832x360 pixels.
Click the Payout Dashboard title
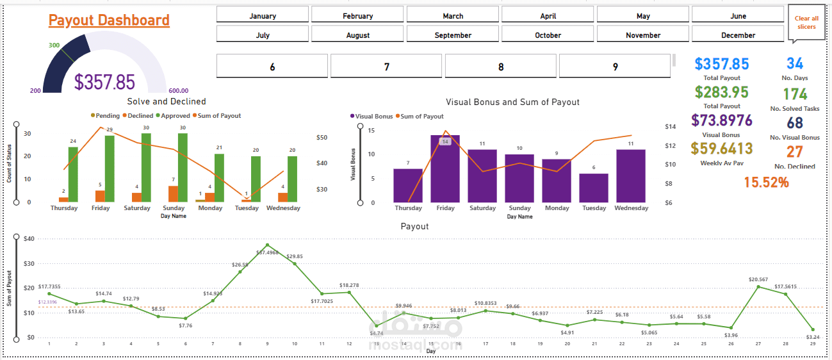(x=109, y=20)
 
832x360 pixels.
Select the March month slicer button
(x=453, y=15)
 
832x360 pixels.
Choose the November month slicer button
(x=643, y=35)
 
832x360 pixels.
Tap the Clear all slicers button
(x=806, y=22)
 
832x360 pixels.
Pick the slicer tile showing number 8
(x=500, y=67)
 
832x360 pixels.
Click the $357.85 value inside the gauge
(x=104, y=82)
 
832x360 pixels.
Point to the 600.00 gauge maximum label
(x=178, y=91)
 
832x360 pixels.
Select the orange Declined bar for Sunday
(x=173, y=194)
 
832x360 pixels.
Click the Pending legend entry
(x=105, y=116)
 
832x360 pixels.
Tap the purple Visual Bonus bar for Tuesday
(x=594, y=188)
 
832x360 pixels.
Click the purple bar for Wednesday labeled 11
(x=630, y=176)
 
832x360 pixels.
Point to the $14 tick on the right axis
(x=671, y=127)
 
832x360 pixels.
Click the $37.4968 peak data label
(x=267, y=252)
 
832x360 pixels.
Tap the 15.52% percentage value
(x=766, y=183)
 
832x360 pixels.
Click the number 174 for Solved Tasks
(x=795, y=95)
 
